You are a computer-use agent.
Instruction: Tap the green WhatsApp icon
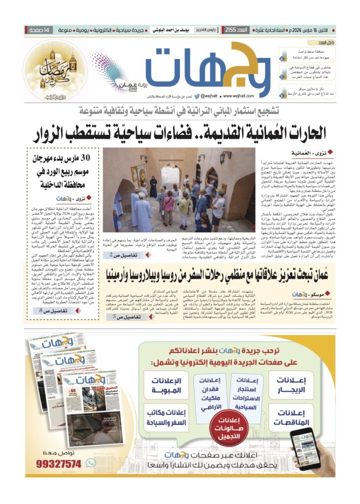[x=90, y=463]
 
